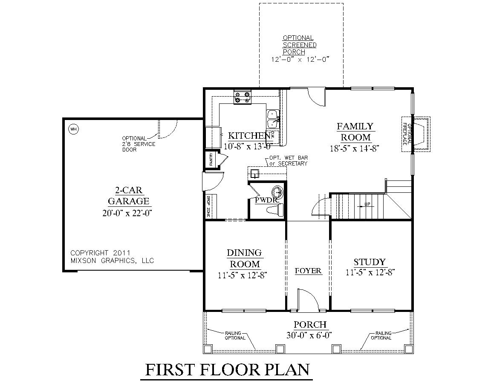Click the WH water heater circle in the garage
pyautogui.click(x=73, y=129)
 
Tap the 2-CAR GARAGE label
pyautogui.click(x=128, y=195)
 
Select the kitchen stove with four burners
pyautogui.click(x=243, y=97)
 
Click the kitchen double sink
pyautogui.click(x=272, y=119)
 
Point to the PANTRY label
pyautogui.click(x=211, y=160)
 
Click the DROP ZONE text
pyautogui.click(x=208, y=206)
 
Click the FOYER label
pyautogui.click(x=308, y=271)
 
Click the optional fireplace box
pyautogui.click(x=416, y=134)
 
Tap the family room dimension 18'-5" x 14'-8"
pyautogui.click(x=355, y=149)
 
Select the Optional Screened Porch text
pyautogui.click(x=300, y=45)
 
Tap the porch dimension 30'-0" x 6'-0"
pyautogui.click(x=309, y=335)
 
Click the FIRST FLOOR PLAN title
pyautogui.click(x=227, y=369)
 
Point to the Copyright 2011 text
pyautogui.click(x=101, y=252)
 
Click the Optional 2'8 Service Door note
pyautogui.click(x=138, y=144)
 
